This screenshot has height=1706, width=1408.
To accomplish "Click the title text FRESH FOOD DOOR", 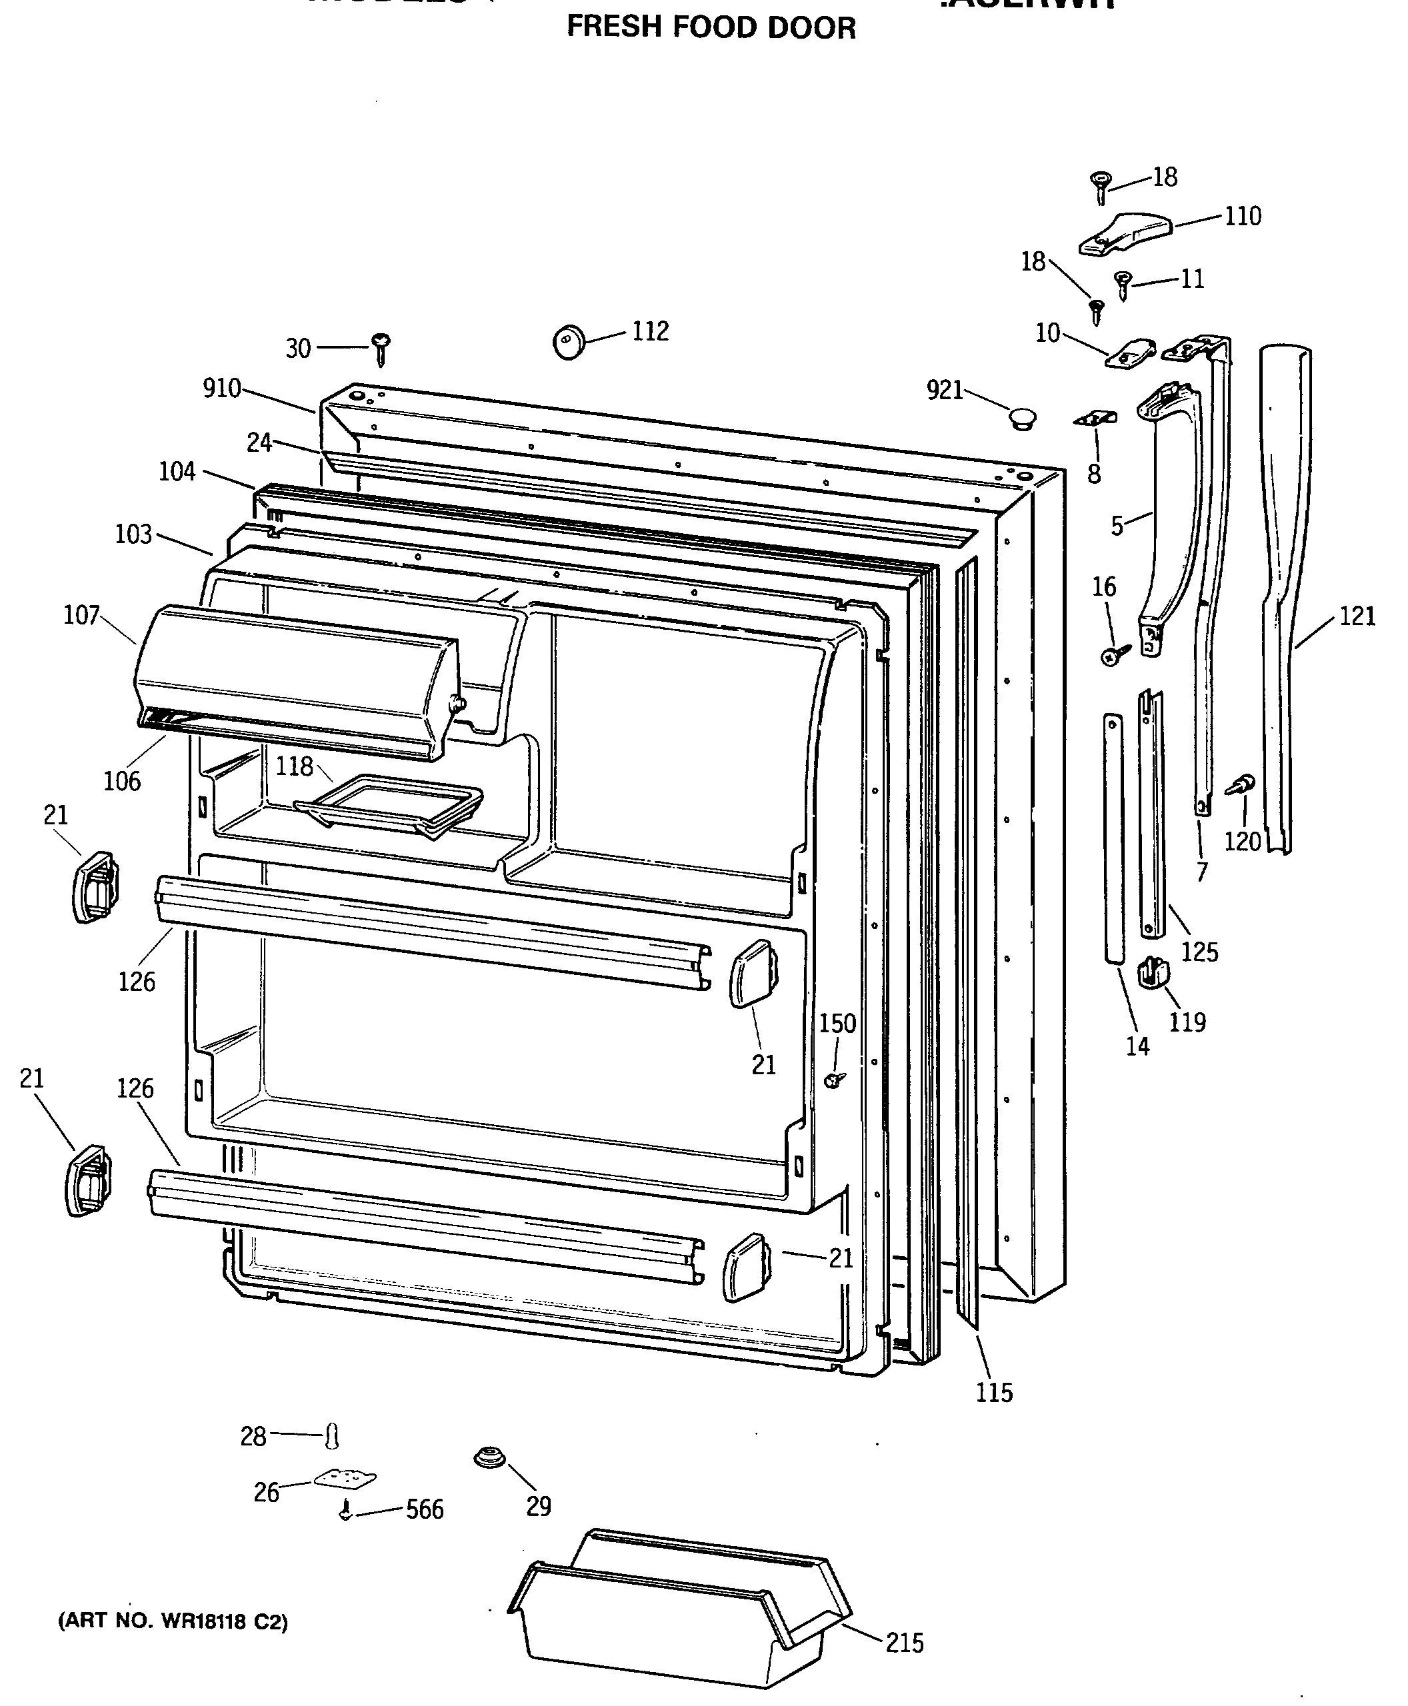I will [x=711, y=27].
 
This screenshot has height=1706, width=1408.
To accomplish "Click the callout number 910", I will [x=221, y=389].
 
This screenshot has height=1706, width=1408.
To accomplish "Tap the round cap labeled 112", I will [x=569, y=341].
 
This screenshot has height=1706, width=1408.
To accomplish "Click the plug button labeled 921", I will [x=1023, y=419].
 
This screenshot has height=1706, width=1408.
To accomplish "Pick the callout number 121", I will [x=1357, y=616].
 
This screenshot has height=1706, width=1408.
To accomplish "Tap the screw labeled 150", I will [x=835, y=1079].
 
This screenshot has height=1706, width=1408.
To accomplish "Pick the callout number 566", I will [x=424, y=1509].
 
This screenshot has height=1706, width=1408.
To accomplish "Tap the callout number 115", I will [x=995, y=1392].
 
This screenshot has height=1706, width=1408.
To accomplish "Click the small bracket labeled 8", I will [x=1095, y=419].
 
